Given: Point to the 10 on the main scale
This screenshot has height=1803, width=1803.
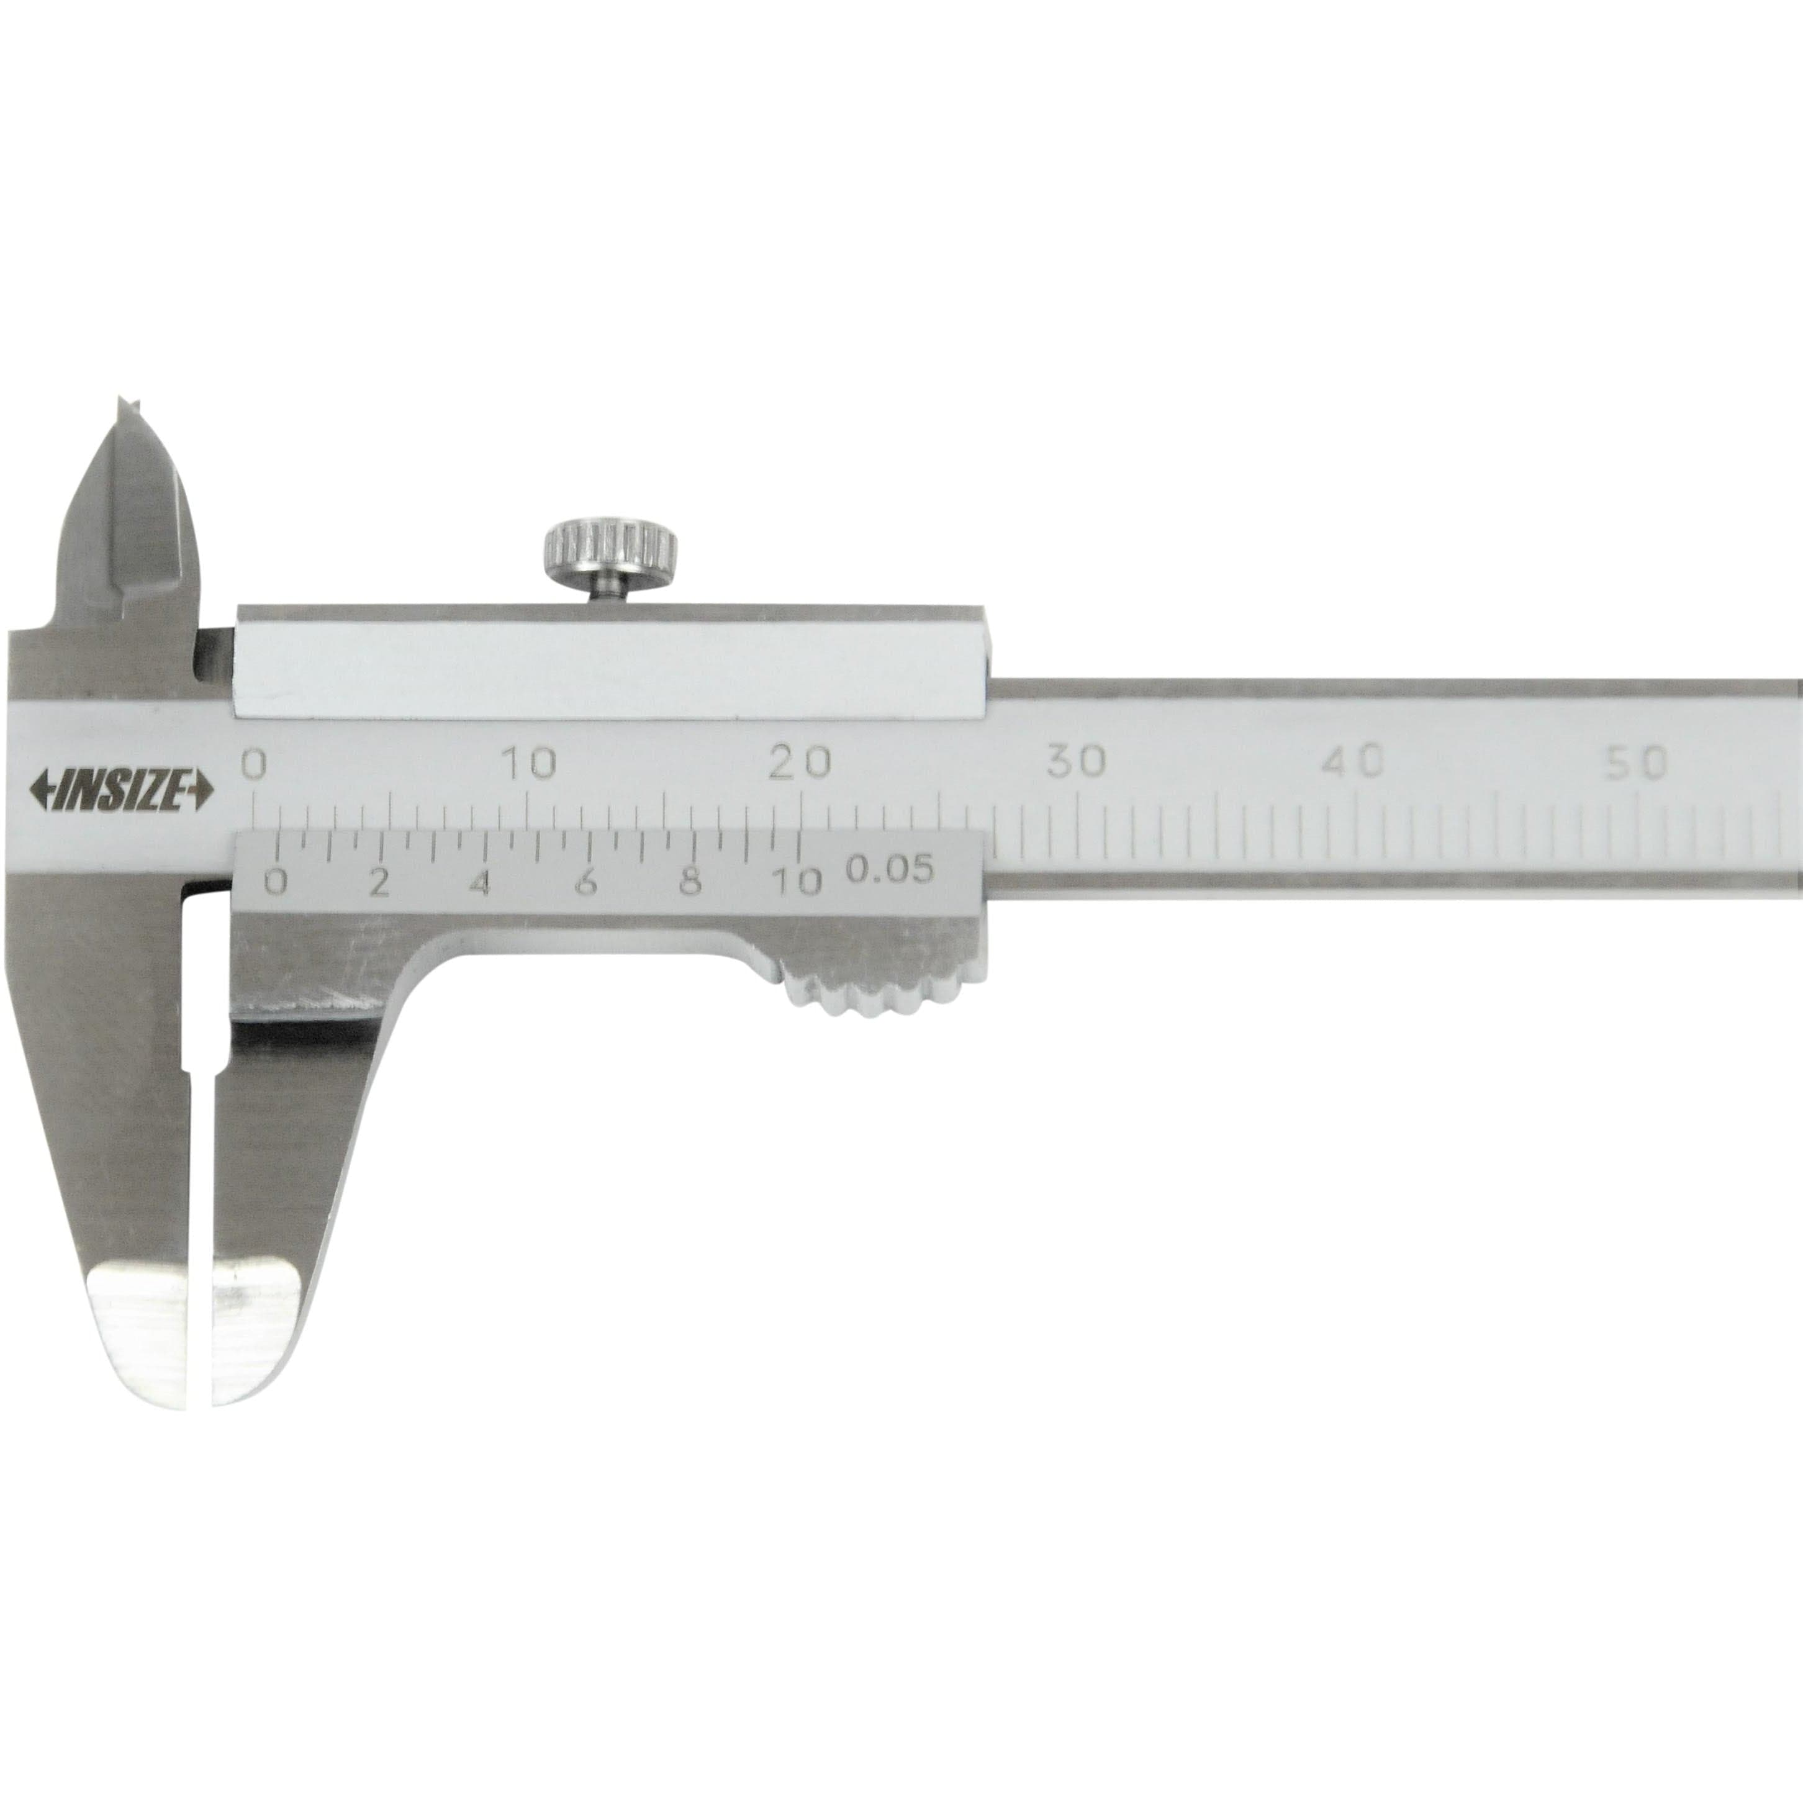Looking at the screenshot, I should (x=529, y=764).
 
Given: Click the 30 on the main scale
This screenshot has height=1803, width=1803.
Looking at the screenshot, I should (x=1076, y=762).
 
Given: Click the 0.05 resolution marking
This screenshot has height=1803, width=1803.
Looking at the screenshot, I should (x=889, y=870).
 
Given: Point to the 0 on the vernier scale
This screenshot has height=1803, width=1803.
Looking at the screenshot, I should (x=275, y=881).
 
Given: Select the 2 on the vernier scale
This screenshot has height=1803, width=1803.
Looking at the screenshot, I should (x=378, y=881).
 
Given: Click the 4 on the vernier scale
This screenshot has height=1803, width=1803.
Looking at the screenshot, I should (x=481, y=881).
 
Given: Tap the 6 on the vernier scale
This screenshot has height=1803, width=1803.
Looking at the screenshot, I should (x=585, y=881).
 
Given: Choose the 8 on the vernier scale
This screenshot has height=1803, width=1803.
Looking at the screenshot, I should (x=690, y=881).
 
